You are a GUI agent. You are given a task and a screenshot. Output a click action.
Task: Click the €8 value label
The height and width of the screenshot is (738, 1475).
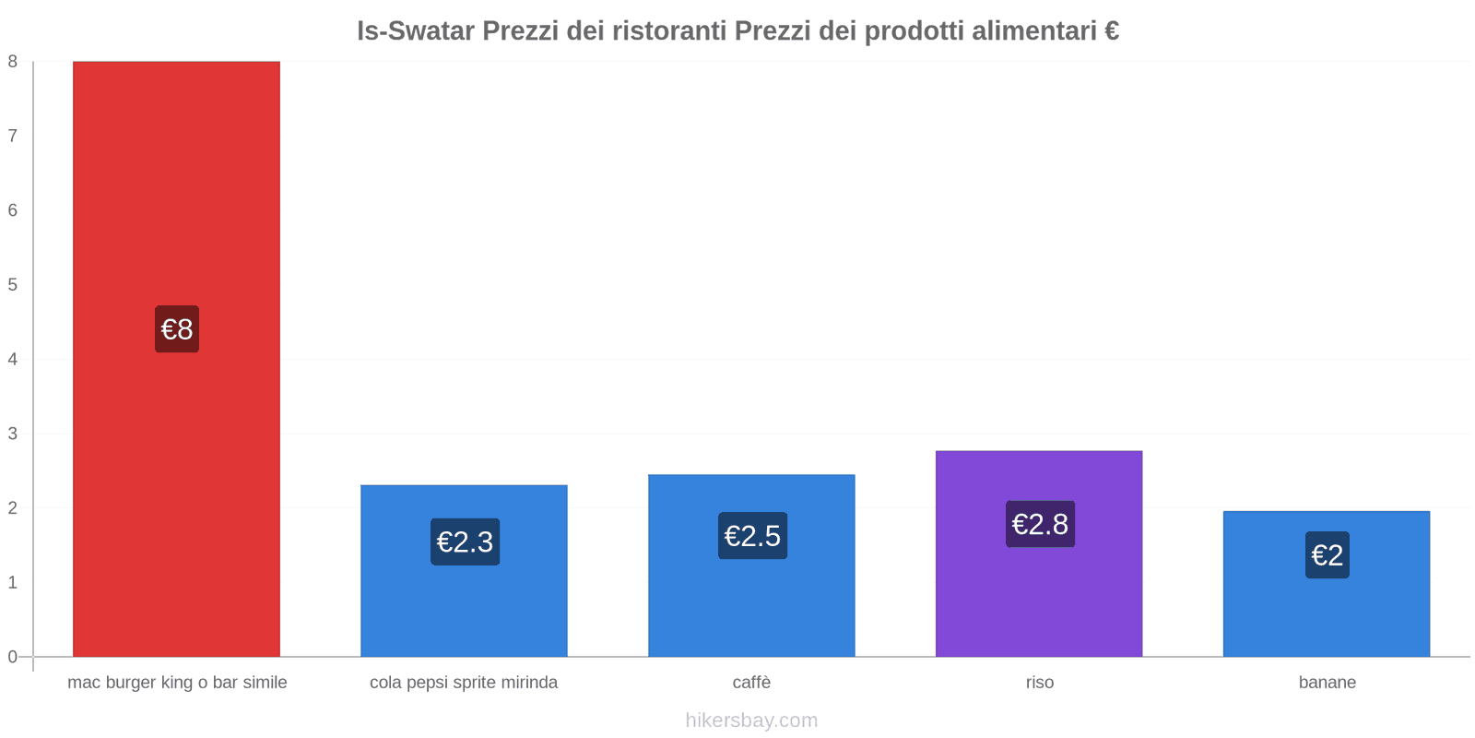coord(177,329)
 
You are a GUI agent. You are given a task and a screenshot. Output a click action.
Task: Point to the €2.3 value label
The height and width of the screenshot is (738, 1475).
coord(465,542)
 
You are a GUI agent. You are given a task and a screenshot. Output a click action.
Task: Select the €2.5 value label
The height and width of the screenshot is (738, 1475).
coord(752,536)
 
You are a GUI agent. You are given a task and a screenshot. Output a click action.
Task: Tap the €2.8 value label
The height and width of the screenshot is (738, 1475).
coord(1040,524)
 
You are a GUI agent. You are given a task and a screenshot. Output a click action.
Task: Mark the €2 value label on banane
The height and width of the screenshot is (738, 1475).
coord(1327,555)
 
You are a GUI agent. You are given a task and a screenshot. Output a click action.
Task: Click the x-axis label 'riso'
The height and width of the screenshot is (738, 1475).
coord(1039,683)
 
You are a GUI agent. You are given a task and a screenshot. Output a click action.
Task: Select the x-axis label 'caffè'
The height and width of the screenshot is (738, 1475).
coord(751,683)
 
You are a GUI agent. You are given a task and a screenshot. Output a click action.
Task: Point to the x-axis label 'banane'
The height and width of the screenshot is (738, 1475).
coord(1327,683)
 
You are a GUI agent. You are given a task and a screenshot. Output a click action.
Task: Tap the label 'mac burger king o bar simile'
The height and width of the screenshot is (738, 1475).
coord(177,683)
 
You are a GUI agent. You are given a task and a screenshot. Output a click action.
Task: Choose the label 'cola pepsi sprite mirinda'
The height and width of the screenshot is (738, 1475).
coord(464,683)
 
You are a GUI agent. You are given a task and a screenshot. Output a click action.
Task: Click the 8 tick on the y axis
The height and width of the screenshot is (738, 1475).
coord(13,62)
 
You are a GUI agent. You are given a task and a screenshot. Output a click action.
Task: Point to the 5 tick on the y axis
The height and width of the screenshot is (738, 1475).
coord(13,285)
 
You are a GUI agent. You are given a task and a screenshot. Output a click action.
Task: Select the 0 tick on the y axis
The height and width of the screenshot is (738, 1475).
coord(13,657)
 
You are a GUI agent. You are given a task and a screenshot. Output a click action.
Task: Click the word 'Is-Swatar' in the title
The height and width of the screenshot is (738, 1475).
coord(415,31)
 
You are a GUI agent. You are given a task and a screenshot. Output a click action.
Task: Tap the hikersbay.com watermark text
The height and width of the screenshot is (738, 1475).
coord(751,720)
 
